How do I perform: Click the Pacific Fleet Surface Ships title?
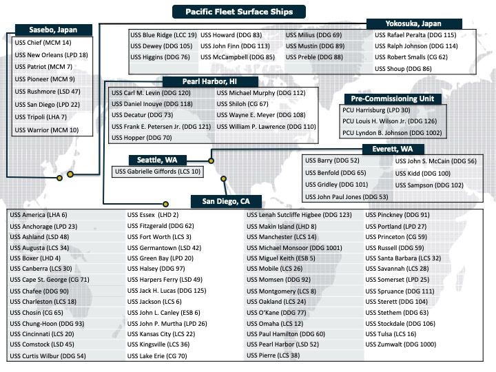point(238,12)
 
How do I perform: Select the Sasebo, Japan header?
point(52,30)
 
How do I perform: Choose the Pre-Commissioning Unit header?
point(389,99)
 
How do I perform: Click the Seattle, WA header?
point(157,160)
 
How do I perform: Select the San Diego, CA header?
point(225,201)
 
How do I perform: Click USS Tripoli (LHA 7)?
point(40,117)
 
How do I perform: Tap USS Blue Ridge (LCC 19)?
point(163,34)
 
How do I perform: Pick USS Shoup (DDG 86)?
point(403,69)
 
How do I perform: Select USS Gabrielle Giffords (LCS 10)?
point(158,172)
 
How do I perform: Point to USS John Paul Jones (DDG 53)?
point(347,196)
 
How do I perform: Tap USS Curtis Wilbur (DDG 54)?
point(48,355)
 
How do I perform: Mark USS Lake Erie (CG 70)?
point(157,355)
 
